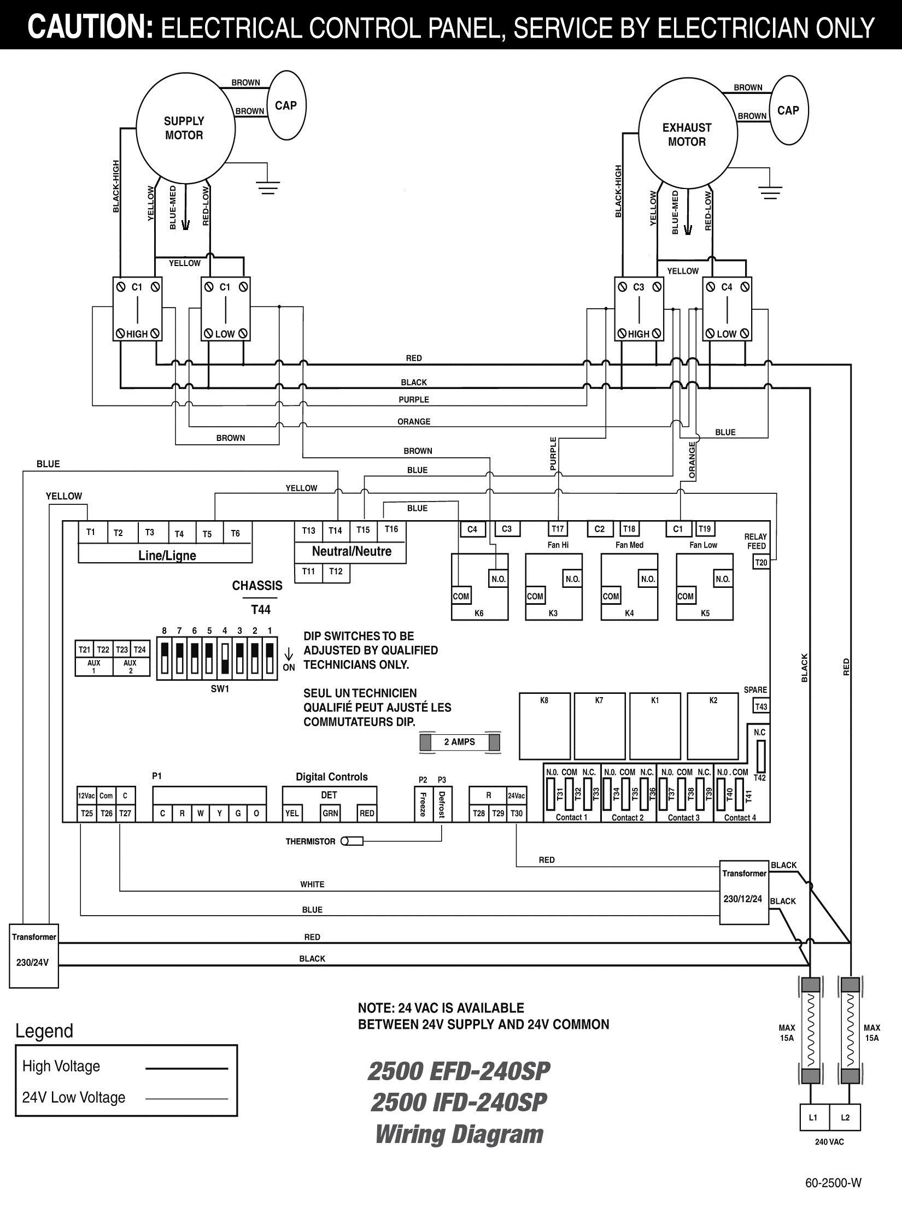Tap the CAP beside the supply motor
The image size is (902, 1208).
point(285,105)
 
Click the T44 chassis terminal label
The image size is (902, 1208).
point(261,610)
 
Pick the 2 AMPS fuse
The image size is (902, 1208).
point(460,742)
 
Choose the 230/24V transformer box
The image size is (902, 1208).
point(34,956)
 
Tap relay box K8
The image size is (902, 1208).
point(544,726)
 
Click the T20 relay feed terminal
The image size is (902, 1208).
point(761,563)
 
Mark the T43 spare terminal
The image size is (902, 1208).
point(761,706)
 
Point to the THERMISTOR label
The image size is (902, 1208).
point(310,841)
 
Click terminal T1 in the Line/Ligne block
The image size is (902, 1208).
point(91,532)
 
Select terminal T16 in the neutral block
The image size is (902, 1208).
point(391,529)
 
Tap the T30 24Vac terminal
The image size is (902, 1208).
point(517,814)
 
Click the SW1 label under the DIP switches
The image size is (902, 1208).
point(220,690)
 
